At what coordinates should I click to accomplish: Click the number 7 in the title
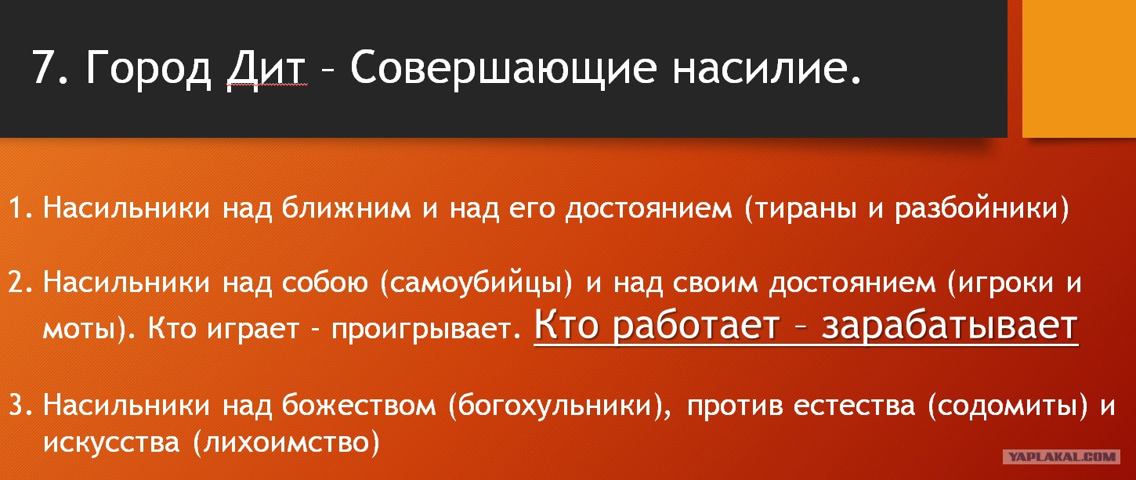[x=44, y=67]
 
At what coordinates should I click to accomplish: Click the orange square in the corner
[x=1079, y=68]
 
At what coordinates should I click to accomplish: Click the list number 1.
[x=20, y=208]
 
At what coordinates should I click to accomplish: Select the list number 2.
[x=20, y=283]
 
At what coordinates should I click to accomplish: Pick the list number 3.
[x=20, y=406]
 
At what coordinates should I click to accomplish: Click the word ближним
[x=346, y=208]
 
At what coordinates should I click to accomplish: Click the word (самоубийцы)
[x=476, y=283]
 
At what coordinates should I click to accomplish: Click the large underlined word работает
[x=696, y=326]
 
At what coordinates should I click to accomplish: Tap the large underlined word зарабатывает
[x=950, y=326]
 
